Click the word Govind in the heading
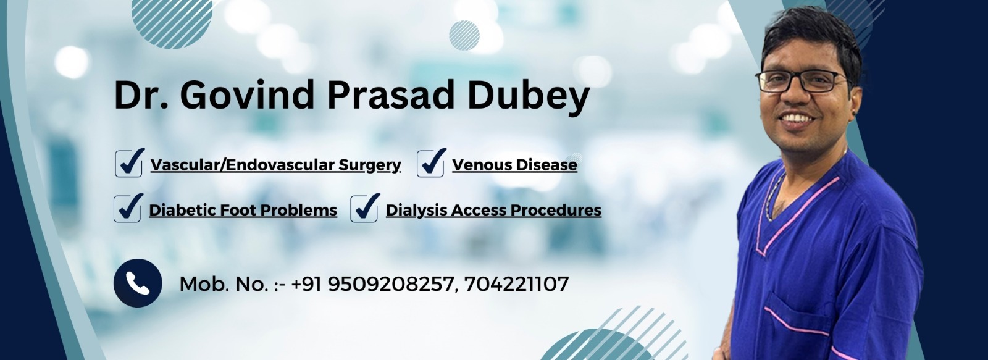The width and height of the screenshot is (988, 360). pos(247,94)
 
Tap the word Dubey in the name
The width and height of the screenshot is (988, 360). pos(529,97)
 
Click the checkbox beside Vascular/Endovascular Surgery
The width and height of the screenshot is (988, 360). pos(129,163)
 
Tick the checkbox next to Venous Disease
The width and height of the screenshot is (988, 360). pos(430,163)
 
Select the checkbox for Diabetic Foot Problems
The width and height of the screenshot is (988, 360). pos(127,208)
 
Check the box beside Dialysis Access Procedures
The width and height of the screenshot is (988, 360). pos(364,208)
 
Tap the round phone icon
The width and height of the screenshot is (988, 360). pos(138,283)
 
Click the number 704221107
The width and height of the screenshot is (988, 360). pos(516,284)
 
